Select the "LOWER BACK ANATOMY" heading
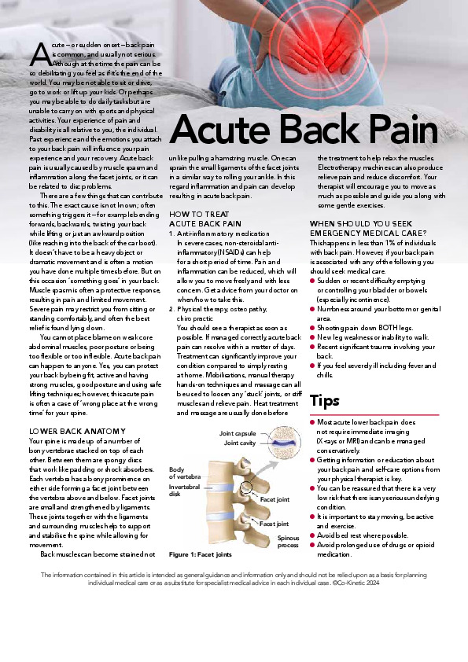pos(77,432)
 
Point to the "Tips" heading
pos(325,402)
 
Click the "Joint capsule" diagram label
pos(237,433)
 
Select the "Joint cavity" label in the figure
pos(239,443)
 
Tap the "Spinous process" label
pos(287,541)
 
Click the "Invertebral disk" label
pos(184,491)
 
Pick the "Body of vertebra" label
pos(187,473)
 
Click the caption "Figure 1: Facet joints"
pos(201,554)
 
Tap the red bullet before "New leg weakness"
pos(313,337)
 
